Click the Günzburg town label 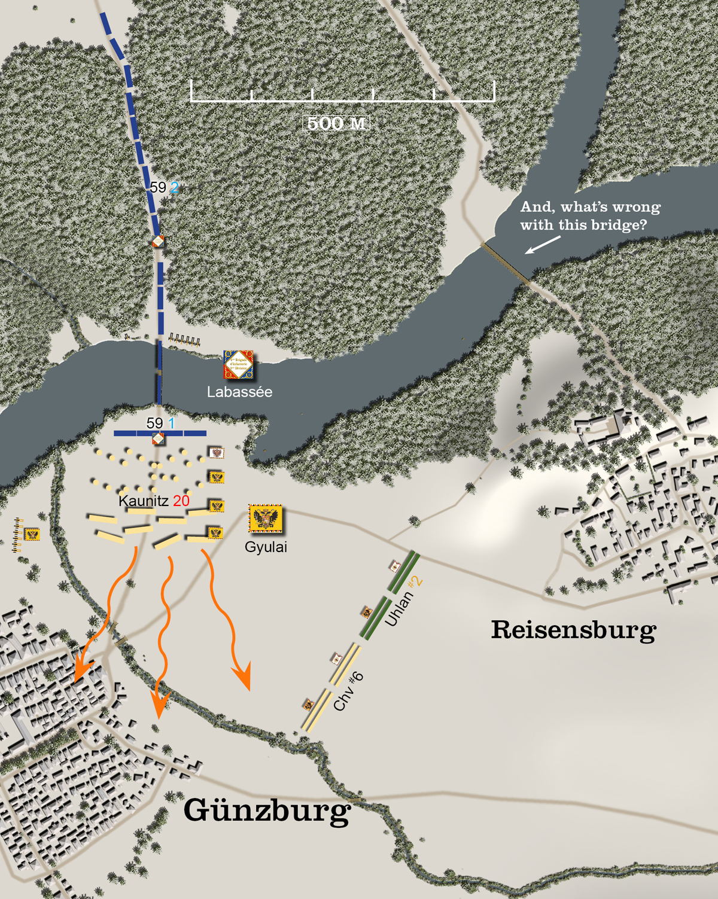(267, 811)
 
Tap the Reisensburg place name (573, 630)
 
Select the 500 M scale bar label (336, 123)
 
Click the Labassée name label (239, 392)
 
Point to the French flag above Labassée (238, 365)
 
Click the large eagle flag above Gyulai (265, 519)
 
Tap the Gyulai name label (266, 547)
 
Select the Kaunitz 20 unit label (154, 501)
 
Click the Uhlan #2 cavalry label (404, 601)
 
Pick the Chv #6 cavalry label (348, 692)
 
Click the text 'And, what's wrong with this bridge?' (589, 216)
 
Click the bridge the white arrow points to (506, 262)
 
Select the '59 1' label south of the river (160, 423)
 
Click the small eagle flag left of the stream (32, 534)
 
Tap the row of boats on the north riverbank (184, 341)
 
